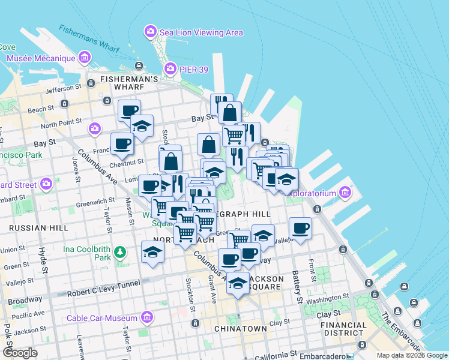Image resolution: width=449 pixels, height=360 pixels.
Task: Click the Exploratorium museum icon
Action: [345, 193]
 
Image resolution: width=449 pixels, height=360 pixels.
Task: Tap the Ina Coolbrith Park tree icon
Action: [121, 252]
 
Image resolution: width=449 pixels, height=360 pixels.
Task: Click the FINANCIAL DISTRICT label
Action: [343, 329]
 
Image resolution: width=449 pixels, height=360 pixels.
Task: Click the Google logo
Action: [20, 352]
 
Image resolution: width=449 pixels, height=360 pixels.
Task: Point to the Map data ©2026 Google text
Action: [412, 355]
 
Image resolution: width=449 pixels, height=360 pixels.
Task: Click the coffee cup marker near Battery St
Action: [300, 228]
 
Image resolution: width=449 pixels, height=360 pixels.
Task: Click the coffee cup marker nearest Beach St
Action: [129, 110]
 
